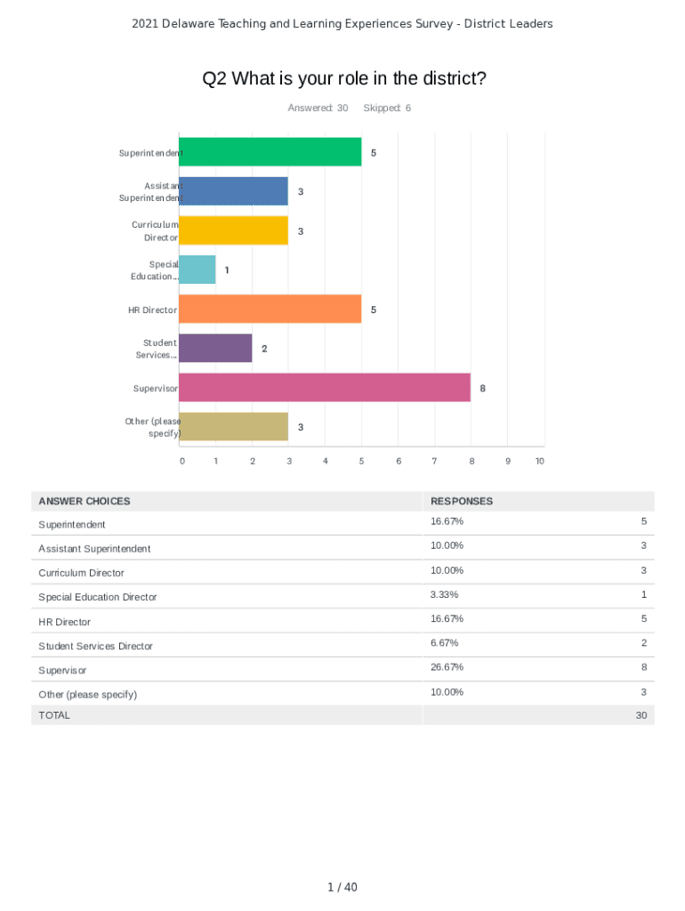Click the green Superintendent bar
[270, 152]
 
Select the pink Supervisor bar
[325, 388]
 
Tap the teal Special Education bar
[197, 270]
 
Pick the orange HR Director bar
[270, 310]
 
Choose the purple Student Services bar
[215, 349]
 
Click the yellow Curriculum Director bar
[233, 230]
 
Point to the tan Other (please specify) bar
[233, 427]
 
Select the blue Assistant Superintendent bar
[233, 191]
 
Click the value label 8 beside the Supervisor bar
[483, 389]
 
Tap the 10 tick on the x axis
[539, 461]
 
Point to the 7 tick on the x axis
[434, 461]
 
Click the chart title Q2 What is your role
[344, 78]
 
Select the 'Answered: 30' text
[318, 108]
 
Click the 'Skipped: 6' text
[387, 108]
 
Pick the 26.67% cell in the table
[447, 667]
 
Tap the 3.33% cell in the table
[444, 594]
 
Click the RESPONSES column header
[462, 501]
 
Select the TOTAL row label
[54, 715]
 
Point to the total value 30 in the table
[641, 715]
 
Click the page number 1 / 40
[342, 887]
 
